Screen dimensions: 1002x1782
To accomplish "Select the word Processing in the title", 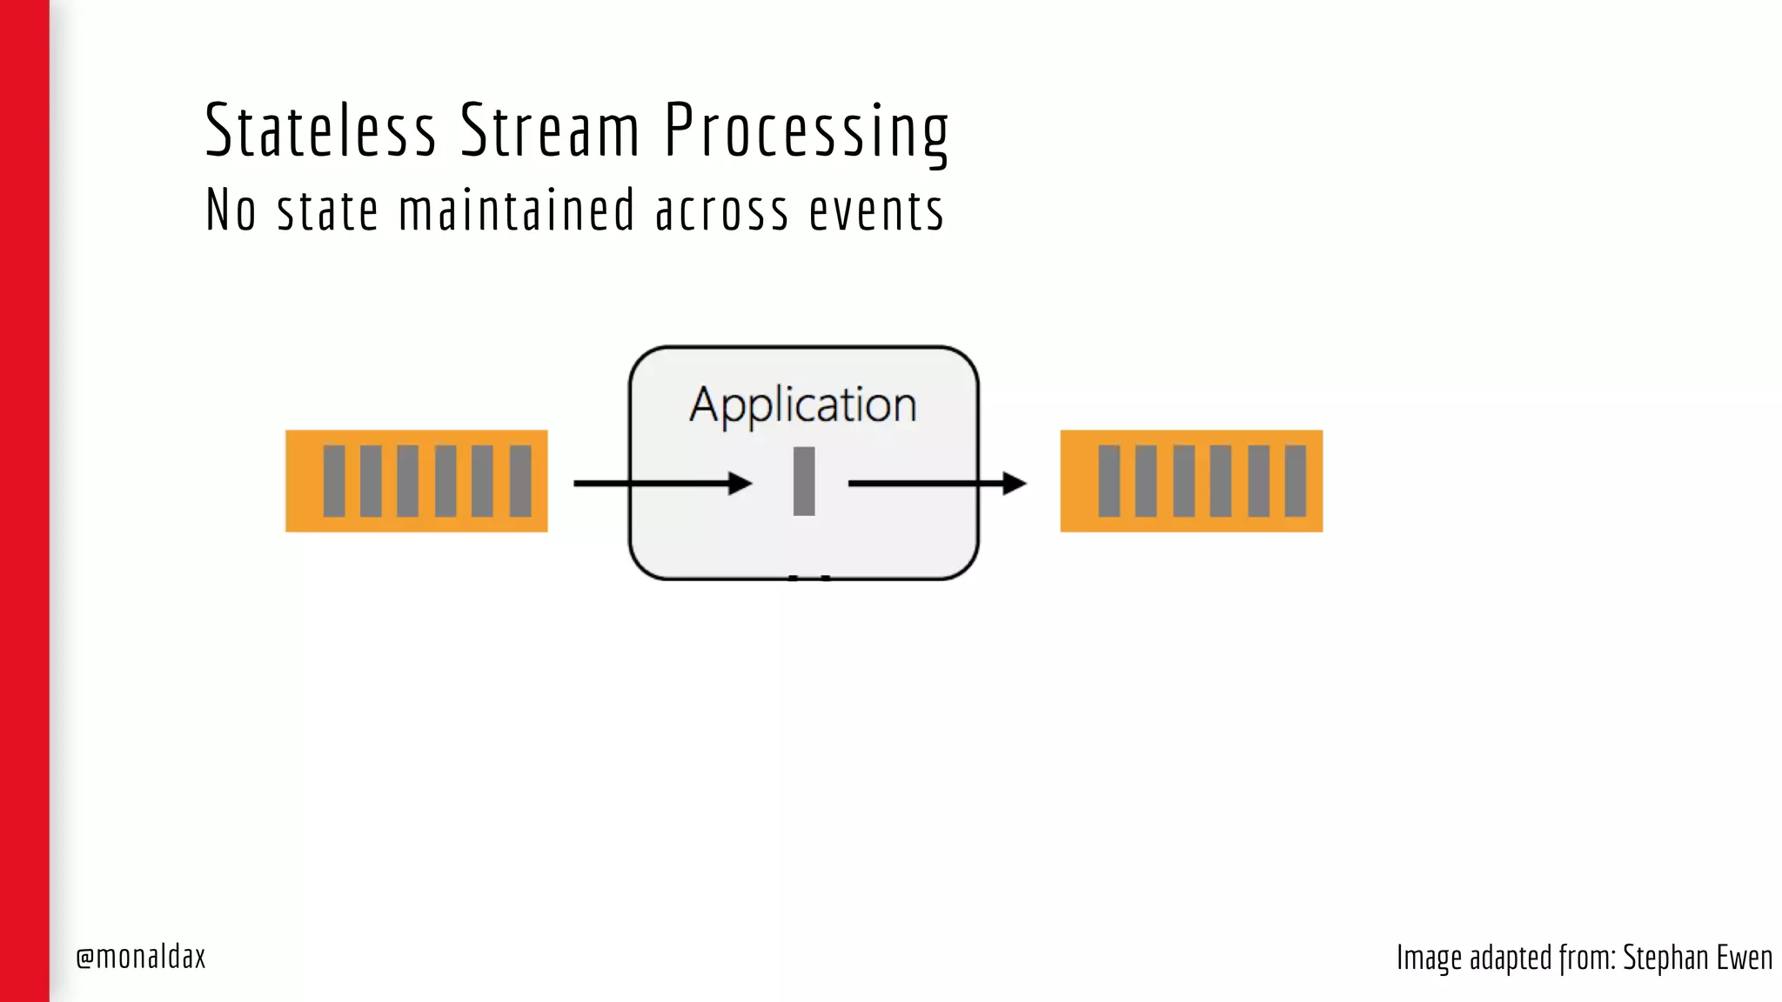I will click(x=806, y=132).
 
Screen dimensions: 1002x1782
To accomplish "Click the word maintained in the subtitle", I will click(x=517, y=210).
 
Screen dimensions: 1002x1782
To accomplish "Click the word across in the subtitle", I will click(x=721, y=211).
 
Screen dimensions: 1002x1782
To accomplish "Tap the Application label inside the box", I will click(x=802, y=405).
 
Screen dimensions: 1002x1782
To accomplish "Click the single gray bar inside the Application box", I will click(x=804, y=481).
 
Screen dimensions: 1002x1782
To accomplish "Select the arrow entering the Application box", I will click(x=661, y=483).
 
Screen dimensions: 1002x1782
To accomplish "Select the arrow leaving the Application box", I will click(x=936, y=483).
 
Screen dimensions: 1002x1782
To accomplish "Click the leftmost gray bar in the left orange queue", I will click(x=334, y=481).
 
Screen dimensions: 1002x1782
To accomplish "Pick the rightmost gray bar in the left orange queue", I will click(x=520, y=481).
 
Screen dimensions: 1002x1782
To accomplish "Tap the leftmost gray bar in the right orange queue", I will click(x=1109, y=481).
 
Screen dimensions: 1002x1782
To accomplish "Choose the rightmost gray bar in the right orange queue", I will click(x=1296, y=481).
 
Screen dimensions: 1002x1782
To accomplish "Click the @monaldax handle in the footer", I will click(x=141, y=957).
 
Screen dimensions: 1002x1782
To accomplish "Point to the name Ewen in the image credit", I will click(x=1744, y=958).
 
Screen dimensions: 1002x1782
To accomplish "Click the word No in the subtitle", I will click(x=231, y=210).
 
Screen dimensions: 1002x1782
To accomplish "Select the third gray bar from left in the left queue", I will click(x=408, y=481).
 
